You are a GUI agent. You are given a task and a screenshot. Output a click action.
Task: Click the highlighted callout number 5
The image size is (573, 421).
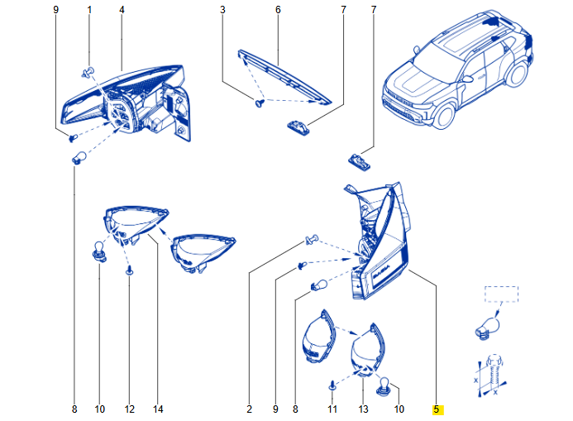436,409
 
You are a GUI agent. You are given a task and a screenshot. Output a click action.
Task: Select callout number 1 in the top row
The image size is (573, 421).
89,9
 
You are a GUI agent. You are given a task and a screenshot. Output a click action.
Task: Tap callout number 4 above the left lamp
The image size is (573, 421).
122,9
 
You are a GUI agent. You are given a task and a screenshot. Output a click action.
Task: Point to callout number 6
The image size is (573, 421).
278,9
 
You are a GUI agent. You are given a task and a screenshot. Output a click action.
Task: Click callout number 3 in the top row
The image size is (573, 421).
222,9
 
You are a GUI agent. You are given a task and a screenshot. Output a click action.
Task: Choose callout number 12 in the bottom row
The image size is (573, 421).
129,409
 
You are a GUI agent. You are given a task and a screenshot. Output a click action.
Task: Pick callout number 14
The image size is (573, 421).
158,409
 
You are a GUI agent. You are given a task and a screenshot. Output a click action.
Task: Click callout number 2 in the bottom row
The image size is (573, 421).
249,409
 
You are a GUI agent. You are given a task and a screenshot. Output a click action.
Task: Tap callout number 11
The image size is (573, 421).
332,409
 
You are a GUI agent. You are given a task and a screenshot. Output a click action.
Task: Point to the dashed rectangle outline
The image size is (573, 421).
500,295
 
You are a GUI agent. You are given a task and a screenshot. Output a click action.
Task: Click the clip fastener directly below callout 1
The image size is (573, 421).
88,71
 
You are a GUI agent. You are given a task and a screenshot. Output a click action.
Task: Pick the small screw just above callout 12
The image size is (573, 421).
129,270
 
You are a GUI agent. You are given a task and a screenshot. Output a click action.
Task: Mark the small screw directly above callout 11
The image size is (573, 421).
332,384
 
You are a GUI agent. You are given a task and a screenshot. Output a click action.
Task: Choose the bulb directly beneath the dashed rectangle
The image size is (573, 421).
487,324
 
